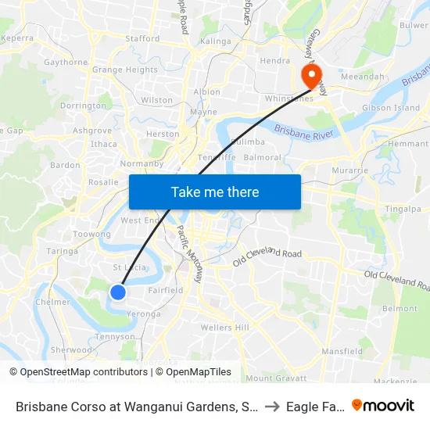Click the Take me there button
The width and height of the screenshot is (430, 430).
click(x=215, y=192)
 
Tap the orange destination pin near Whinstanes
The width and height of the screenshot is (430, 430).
click(x=311, y=75)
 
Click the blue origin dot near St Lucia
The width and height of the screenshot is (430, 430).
click(x=118, y=292)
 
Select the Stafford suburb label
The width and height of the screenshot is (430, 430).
click(x=142, y=38)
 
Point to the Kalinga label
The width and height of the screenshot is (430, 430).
click(x=215, y=41)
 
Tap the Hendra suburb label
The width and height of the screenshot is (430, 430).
click(x=275, y=60)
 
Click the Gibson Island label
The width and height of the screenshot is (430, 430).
click(x=391, y=108)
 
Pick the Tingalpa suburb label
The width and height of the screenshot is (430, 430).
click(x=403, y=209)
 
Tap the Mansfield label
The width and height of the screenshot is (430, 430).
click(x=342, y=352)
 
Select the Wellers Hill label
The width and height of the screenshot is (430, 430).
click(x=224, y=327)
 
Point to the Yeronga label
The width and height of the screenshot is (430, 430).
click(x=143, y=314)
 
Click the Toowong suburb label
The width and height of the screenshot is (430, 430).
click(x=91, y=234)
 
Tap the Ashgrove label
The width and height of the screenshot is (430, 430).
click(x=92, y=131)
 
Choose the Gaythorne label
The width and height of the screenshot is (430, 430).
click(x=66, y=62)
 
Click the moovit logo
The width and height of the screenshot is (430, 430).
click(x=383, y=405)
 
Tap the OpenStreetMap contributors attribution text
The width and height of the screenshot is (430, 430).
click(x=78, y=372)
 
